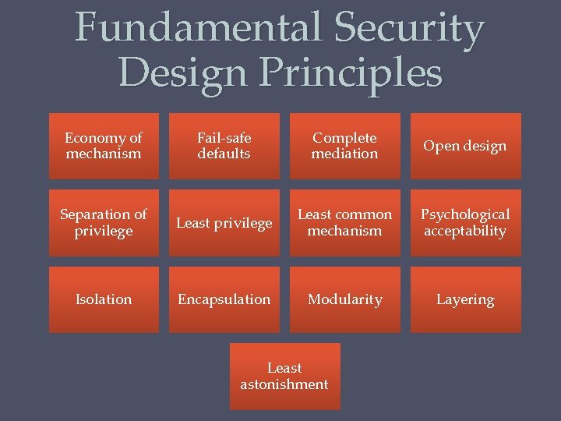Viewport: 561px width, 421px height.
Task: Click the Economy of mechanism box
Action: point(104,146)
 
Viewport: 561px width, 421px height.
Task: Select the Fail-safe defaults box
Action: point(224,146)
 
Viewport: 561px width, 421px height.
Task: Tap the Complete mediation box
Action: point(344,146)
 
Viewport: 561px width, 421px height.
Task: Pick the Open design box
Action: point(465,146)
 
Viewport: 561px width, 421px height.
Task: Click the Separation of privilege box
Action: point(104,223)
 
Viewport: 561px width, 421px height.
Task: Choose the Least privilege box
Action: point(224,223)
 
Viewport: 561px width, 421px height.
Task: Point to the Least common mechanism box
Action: point(344,223)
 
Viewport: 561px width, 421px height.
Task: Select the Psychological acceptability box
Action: point(465,223)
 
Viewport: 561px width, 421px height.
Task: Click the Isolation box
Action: point(104,299)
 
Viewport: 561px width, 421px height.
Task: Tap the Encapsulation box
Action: point(224,299)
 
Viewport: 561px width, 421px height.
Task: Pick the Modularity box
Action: point(344,299)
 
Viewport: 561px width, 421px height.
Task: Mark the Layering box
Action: point(465,299)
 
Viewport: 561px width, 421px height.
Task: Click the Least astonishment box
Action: point(284,376)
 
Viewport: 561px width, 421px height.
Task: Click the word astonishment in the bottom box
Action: point(284,384)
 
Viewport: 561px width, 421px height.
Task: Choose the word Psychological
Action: point(465,214)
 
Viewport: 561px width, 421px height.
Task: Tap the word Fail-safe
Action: point(224,138)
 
